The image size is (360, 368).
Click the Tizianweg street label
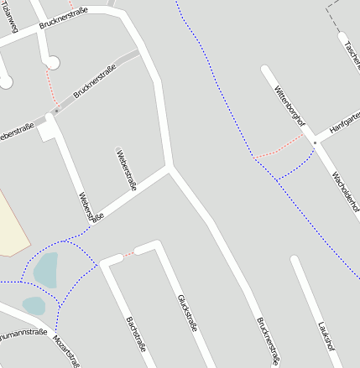pos(11,18)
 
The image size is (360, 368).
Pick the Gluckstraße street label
pos(187,314)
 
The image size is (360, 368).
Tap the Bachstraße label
pos(136,334)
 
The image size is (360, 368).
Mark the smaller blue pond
pos(33,305)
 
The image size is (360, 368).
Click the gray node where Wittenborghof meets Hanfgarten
pos(315,143)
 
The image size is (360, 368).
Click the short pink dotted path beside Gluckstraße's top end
pos(128,252)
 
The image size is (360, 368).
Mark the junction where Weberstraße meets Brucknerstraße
pos(170,167)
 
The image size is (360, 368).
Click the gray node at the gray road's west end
pos(56,111)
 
